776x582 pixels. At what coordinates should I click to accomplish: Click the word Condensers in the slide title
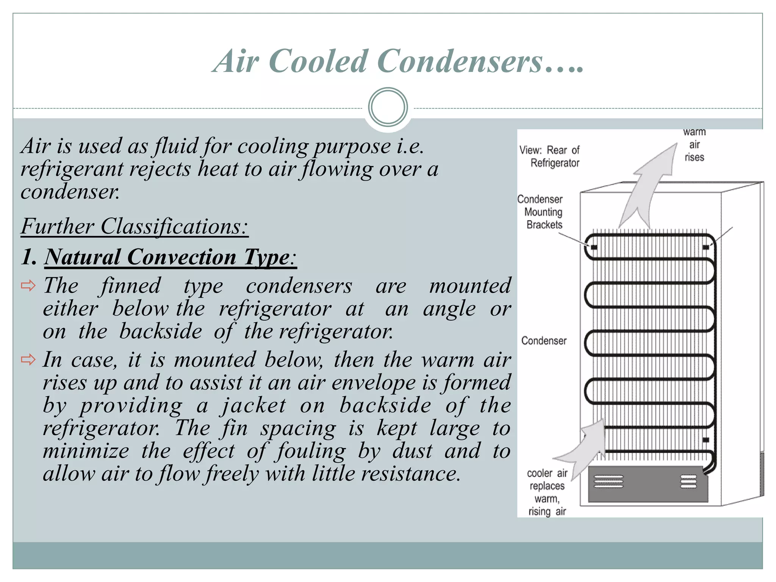[x=460, y=61]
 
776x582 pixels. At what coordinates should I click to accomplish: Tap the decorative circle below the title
[x=388, y=107]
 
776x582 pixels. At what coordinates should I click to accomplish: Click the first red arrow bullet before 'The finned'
[x=28, y=286]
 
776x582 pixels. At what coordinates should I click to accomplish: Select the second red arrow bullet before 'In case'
[x=28, y=360]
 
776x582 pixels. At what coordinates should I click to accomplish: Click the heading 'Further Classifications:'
[x=135, y=227]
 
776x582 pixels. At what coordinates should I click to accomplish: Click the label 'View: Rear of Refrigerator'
[x=549, y=156]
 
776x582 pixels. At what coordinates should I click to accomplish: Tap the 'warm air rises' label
[x=694, y=145]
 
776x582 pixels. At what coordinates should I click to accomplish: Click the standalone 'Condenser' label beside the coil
[x=544, y=341]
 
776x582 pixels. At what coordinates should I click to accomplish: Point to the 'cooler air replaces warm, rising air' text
[x=547, y=492]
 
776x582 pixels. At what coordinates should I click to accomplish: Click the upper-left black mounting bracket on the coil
[x=594, y=247]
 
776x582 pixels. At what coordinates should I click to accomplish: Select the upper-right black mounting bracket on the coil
[x=706, y=247]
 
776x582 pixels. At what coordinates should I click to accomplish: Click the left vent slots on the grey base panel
[x=609, y=481]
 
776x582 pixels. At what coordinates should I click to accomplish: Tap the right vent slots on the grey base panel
[x=688, y=481]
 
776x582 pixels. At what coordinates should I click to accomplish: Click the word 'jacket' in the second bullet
[x=253, y=405]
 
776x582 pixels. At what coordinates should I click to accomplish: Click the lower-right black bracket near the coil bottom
[x=706, y=440]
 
